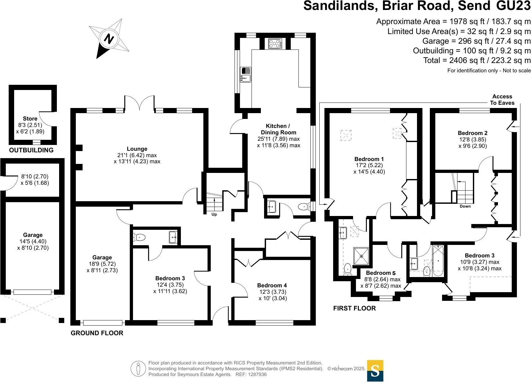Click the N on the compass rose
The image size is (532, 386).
click(x=110, y=39)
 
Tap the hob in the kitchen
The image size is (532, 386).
click(x=275, y=43)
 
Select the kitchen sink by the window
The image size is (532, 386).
click(x=246, y=74)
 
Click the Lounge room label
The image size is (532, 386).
click(x=137, y=149)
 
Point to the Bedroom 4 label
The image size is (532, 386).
click(x=272, y=285)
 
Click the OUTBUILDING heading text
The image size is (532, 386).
click(x=31, y=150)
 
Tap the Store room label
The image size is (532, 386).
click(x=30, y=119)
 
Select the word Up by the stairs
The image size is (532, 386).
click(x=214, y=214)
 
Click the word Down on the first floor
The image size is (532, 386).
click(x=465, y=206)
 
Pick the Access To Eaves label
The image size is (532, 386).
click(x=502, y=100)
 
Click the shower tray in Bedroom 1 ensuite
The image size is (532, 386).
click(x=362, y=256)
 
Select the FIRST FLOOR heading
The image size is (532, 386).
click(x=354, y=308)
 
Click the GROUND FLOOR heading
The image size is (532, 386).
click(x=97, y=333)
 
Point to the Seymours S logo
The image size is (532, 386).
click(x=375, y=371)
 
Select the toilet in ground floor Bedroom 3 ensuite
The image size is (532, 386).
click(x=139, y=238)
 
